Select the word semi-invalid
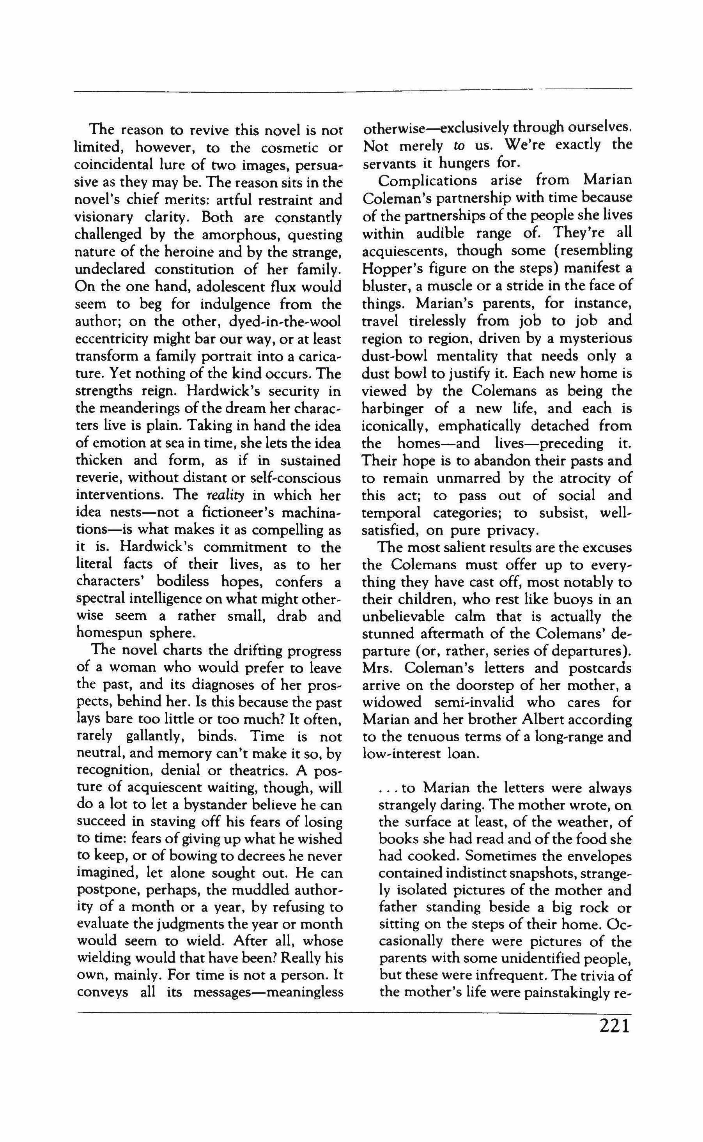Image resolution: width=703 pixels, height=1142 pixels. tap(482, 702)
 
